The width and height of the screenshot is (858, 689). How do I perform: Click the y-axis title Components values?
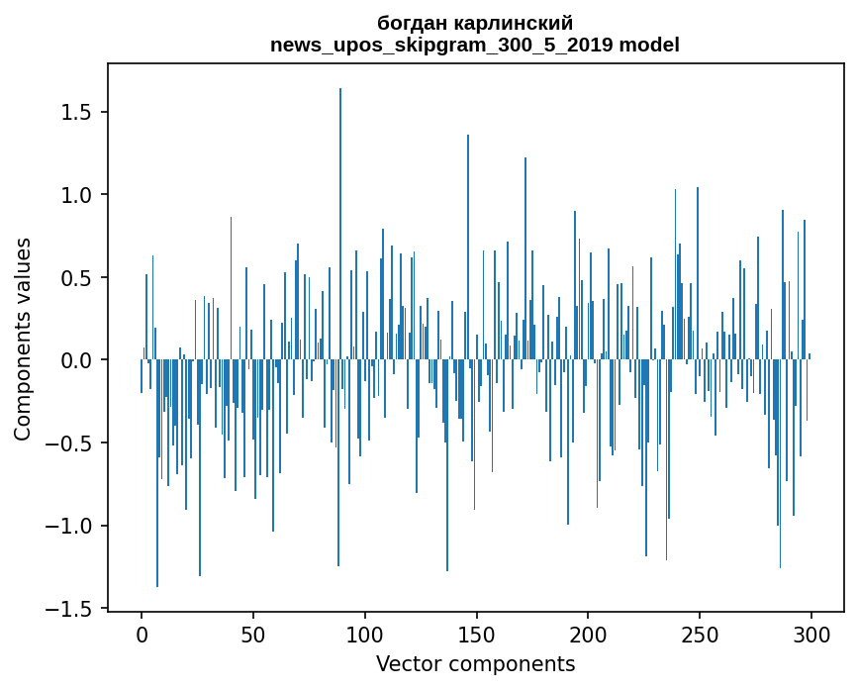(x=23, y=339)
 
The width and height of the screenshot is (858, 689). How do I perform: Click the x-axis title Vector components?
(x=475, y=664)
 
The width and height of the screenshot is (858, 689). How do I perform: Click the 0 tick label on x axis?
(x=142, y=634)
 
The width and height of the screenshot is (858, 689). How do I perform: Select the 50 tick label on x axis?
(x=253, y=634)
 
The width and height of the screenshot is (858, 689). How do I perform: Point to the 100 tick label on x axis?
(x=365, y=634)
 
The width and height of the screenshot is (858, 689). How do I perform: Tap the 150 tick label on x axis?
(x=477, y=634)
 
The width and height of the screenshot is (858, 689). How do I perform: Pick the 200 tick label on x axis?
(x=589, y=634)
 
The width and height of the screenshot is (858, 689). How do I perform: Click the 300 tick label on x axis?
(x=811, y=634)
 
